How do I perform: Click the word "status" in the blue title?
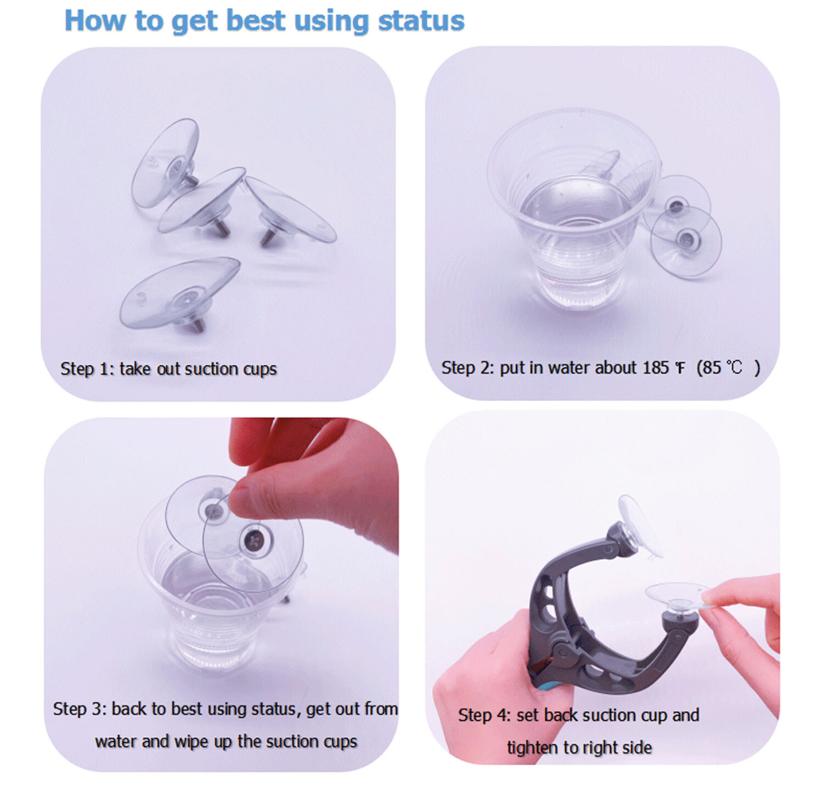(421, 21)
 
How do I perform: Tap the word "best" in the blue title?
(256, 21)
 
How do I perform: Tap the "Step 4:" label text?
(484, 715)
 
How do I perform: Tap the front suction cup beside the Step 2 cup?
(686, 241)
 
